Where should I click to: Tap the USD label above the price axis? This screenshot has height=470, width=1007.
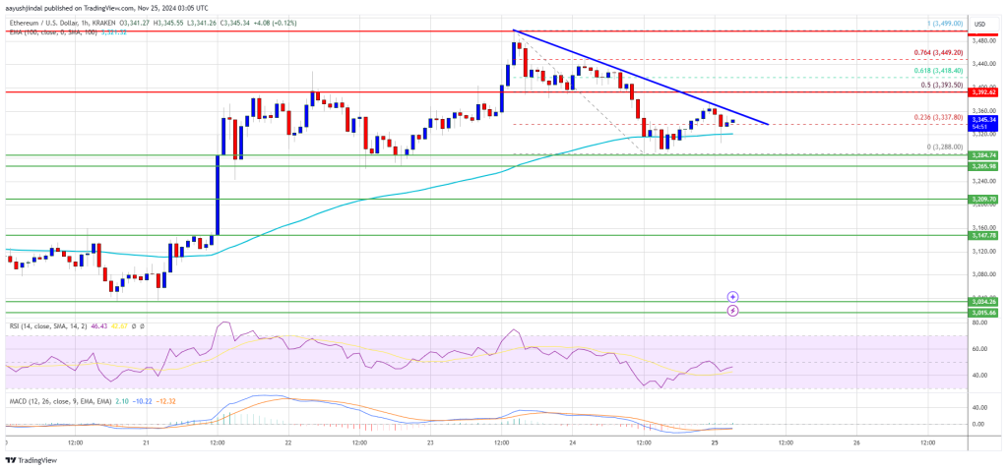click(979, 24)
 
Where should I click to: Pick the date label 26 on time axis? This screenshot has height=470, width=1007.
click(856, 442)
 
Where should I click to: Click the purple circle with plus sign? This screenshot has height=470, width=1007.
click(733, 296)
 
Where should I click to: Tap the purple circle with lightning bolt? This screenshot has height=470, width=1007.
click(733, 311)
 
